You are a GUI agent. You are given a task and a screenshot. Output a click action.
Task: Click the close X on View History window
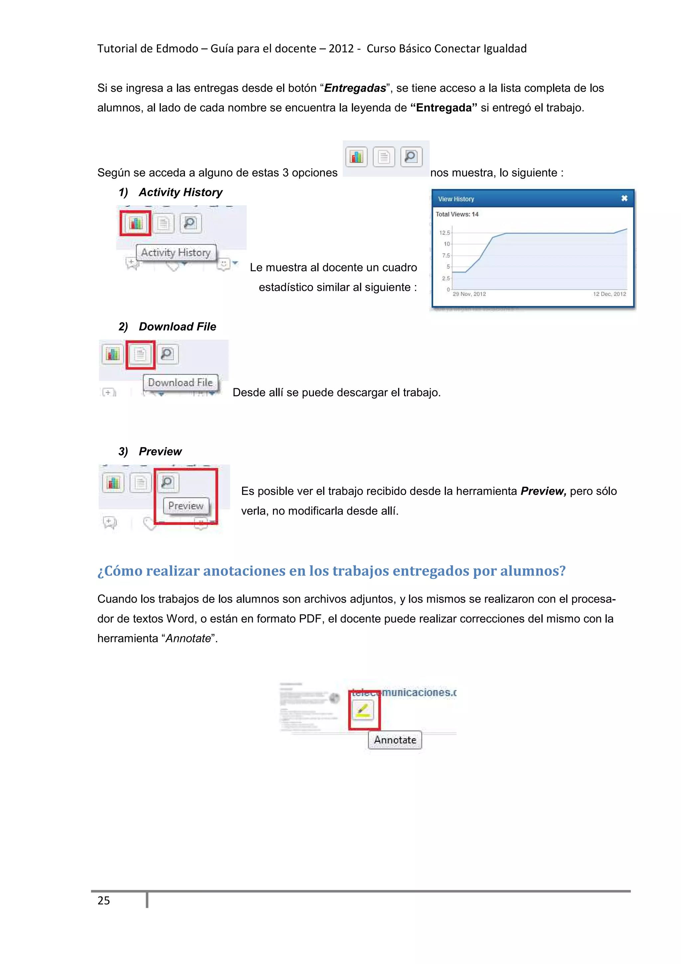click(624, 198)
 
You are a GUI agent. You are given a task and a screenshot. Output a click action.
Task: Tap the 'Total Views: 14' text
click(457, 214)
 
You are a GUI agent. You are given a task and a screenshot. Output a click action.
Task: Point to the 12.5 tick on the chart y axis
click(444, 233)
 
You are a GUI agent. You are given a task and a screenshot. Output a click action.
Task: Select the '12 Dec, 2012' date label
click(609, 294)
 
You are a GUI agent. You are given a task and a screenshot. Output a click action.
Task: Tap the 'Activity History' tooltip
click(176, 252)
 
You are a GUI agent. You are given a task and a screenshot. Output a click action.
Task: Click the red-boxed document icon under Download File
click(140, 354)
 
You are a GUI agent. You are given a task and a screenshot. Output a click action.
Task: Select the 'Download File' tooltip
click(181, 383)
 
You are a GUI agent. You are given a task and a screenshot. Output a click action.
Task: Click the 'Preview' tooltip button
click(186, 506)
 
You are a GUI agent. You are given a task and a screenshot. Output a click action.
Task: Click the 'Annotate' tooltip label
click(395, 740)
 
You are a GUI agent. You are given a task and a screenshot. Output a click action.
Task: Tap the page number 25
click(104, 900)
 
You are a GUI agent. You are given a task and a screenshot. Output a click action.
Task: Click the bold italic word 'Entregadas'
click(355, 88)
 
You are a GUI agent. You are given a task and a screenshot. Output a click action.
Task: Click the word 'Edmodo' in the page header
click(176, 49)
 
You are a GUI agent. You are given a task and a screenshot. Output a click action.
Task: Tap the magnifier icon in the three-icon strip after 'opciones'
click(411, 157)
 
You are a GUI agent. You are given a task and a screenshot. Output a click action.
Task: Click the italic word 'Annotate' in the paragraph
click(188, 638)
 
